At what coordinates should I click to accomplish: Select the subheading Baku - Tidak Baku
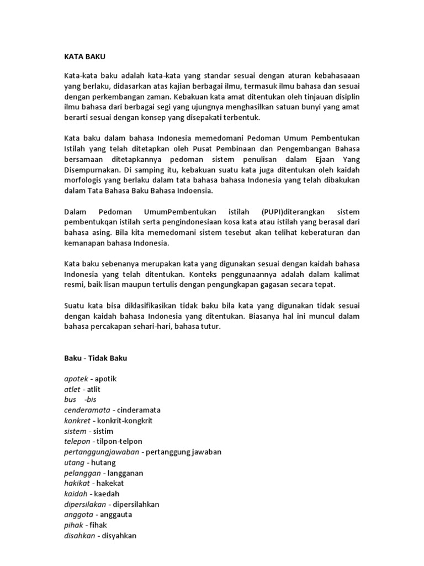tap(95, 358)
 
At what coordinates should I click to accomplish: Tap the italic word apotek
tap(77, 379)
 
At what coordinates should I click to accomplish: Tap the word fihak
tap(97, 526)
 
